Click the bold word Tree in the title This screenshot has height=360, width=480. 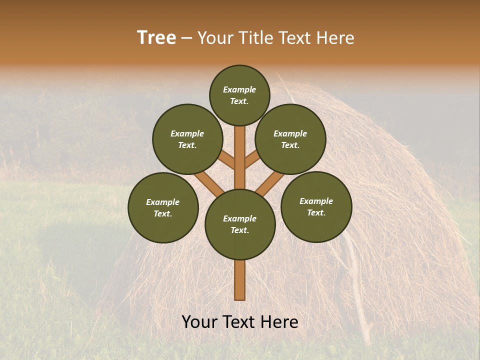(x=156, y=38)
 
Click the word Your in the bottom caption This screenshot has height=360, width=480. (x=200, y=322)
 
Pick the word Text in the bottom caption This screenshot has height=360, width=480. (x=240, y=322)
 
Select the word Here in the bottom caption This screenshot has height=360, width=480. (x=280, y=322)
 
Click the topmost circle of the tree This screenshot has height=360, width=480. (x=239, y=95)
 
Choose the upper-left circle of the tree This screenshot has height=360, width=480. (x=187, y=139)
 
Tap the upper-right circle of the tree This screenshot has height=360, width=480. (x=290, y=139)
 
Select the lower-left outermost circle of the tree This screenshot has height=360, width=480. (x=163, y=207)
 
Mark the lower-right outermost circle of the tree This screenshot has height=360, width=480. (x=316, y=206)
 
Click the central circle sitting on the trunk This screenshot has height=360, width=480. (x=240, y=224)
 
